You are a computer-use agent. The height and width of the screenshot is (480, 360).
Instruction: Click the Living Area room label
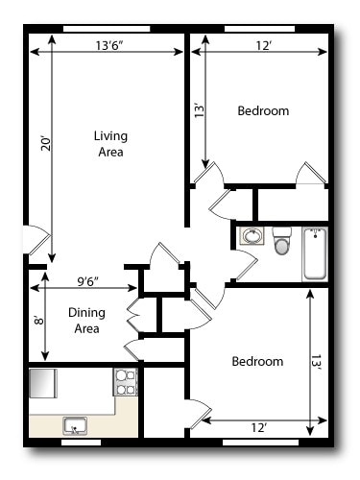(x=110, y=143)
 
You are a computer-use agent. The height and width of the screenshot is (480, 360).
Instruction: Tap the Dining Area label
(x=87, y=321)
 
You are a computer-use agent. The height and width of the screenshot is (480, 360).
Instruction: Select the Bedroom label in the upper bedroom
(x=262, y=111)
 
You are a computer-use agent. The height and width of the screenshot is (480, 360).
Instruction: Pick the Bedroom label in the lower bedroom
(x=257, y=362)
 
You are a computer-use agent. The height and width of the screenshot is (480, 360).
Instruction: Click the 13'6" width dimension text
(x=114, y=44)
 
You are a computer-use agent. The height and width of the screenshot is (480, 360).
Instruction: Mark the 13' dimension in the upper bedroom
(x=199, y=110)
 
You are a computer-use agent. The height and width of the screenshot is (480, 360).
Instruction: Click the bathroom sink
(x=252, y=236)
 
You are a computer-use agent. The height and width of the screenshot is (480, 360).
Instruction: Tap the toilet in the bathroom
(x=281, y=241)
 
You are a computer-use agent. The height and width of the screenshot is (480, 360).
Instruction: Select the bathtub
(x=315, y=253)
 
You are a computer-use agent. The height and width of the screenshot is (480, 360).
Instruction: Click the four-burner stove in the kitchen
(x=126, y=383)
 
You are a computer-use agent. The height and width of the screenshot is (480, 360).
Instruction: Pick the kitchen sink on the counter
(x=74, y=425)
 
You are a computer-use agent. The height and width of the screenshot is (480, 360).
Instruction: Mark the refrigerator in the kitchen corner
(x=45, y=384)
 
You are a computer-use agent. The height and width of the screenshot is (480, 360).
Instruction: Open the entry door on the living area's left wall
(x=34, y=240)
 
